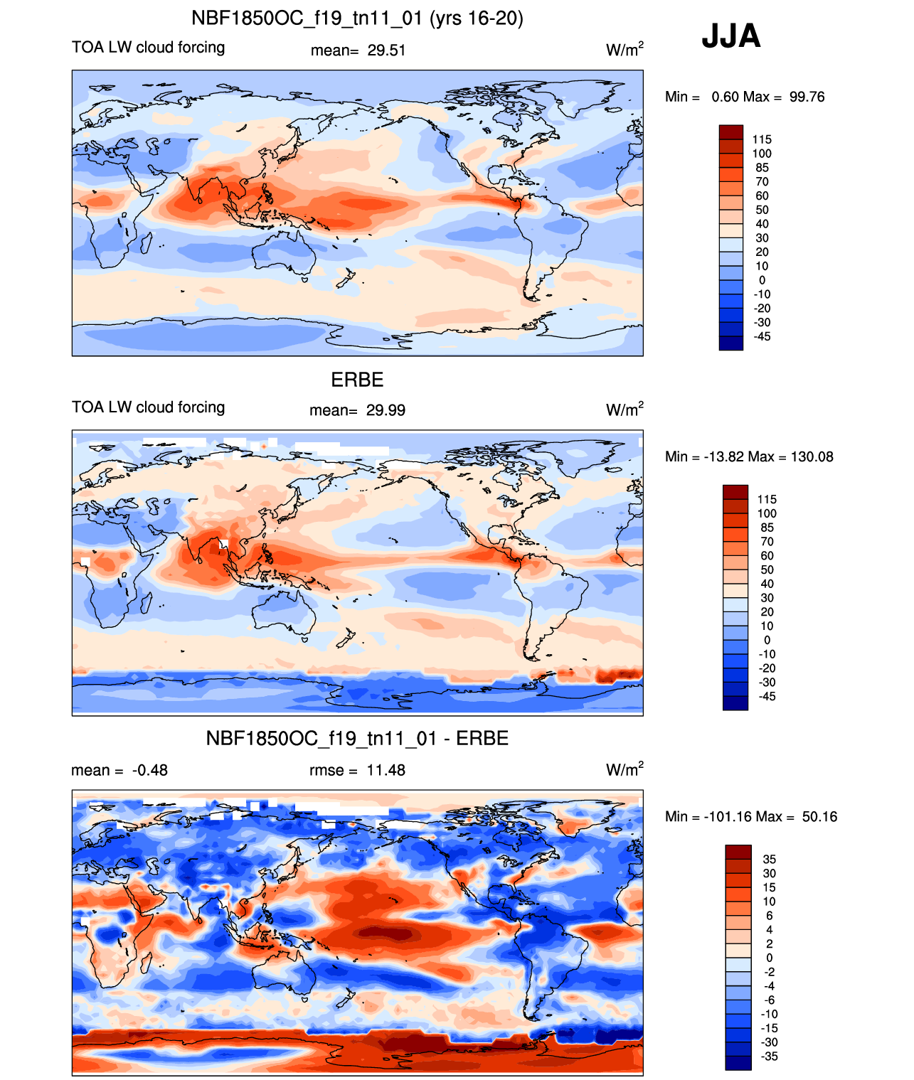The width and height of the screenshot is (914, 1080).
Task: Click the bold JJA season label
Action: [730, 36]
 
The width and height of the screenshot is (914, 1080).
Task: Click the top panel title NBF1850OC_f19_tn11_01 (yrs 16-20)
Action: [357, 18]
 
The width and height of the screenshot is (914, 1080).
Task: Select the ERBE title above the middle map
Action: [357, 380]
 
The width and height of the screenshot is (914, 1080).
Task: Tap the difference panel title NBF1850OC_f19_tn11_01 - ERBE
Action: [357, 738]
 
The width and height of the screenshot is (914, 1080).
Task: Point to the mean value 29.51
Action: [386, 50]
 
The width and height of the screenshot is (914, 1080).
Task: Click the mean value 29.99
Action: [386, 410]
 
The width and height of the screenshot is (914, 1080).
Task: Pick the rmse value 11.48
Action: [386, 770]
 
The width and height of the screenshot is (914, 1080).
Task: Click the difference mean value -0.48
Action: [150, 770]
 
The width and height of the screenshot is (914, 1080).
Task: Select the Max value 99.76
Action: [807, 97]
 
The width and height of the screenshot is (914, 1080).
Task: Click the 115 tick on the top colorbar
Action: [761, 139]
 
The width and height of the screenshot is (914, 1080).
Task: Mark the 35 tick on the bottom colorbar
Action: [769, 859]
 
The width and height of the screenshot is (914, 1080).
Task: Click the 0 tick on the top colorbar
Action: [762, 280]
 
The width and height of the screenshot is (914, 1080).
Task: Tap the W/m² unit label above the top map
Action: [625, 49]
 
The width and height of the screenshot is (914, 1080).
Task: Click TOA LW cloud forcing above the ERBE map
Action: [148, 407]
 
